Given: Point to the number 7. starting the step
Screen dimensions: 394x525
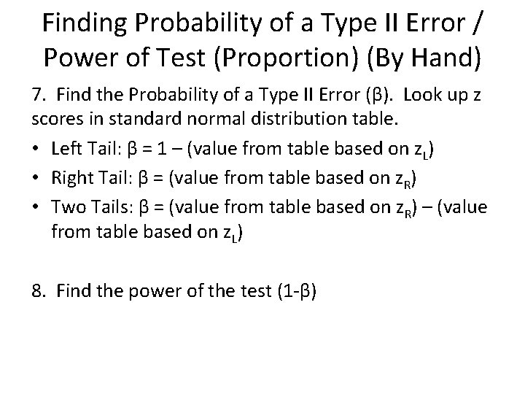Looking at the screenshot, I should click(38, 96).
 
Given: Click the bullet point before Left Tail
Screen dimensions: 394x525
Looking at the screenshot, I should click(35, 150).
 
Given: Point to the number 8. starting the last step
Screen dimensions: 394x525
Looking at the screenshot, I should click(39, 290).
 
